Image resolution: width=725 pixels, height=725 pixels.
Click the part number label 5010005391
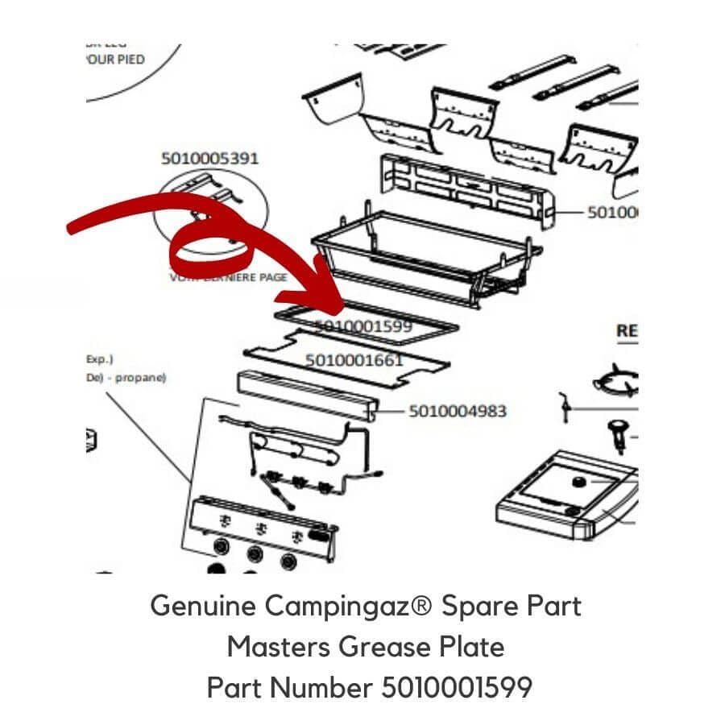tap(210, 158)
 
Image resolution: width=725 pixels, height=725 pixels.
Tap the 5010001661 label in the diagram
tap(354, 360)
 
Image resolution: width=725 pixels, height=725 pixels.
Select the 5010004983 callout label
tap(458, 412)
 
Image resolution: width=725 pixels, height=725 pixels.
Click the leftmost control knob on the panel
tap(219, 549)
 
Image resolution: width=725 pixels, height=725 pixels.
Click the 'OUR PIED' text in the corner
tap(115, 60)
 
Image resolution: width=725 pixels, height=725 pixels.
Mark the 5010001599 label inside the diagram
tap(363, 326)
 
